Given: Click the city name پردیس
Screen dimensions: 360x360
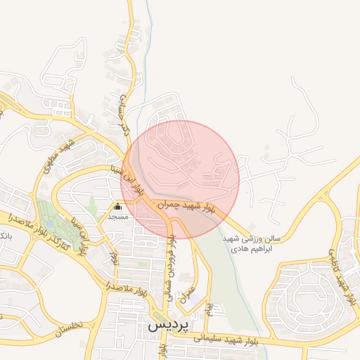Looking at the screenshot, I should [165, 328].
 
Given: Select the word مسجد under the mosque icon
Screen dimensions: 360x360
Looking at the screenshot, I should [117, 217].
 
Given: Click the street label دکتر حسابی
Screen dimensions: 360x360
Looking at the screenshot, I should [126, 109].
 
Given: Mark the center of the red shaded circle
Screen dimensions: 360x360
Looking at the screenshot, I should [185, 179].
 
